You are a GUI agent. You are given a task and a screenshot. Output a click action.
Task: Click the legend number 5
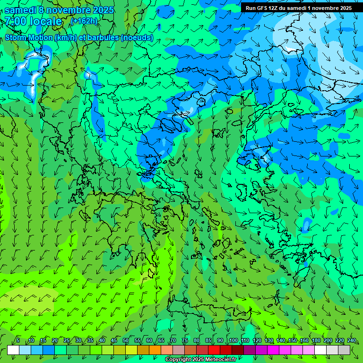pos(17,340)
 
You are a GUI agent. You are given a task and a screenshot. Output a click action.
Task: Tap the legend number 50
pos(126,340)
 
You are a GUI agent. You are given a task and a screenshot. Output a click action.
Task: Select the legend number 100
pos(233,340)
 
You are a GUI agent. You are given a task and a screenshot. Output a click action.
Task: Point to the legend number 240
pos(351,340)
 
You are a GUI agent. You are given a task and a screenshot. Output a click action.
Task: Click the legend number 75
pos(185,340)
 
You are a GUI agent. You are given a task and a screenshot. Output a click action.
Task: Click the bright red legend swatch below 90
pos(214,350)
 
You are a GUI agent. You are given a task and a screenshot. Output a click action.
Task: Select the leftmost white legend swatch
pos(13,350)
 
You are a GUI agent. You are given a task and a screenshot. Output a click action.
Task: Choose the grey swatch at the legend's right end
pos(344,350)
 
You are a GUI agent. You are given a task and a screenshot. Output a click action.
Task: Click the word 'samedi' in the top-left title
pos(20,9)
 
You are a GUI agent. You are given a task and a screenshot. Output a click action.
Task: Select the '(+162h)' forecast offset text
pos(84,21)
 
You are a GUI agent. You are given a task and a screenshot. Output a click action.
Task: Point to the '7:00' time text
pos(16,21)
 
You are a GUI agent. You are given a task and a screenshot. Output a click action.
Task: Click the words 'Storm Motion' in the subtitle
pos(29,38)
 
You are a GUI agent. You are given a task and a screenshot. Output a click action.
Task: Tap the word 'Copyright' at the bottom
pos(178,360)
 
